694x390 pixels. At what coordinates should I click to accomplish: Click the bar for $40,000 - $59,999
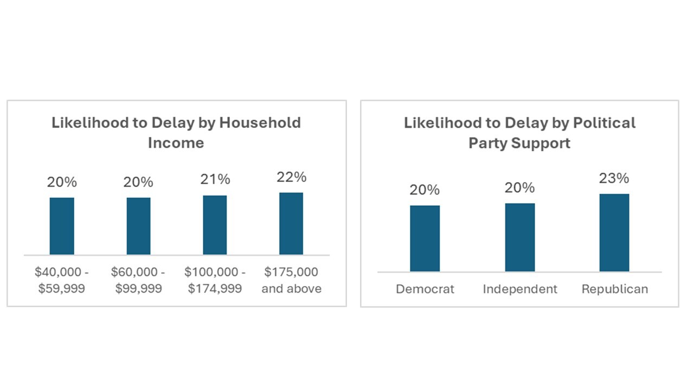point(62,226)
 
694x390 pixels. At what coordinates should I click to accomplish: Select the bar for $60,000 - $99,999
point(138,226)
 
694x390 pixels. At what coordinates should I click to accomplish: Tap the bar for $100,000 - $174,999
point(215,225)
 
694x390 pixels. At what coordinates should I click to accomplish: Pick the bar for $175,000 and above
point(291,223)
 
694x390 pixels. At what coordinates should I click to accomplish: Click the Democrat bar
point(425,238)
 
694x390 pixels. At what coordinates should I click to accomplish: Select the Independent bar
point(519,237)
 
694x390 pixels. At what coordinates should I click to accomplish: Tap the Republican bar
point(614,232)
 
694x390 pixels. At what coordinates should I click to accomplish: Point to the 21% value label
point(215,179)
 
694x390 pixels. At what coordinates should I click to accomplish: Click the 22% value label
point(292,177)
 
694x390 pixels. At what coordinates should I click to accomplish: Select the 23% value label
point(614,179)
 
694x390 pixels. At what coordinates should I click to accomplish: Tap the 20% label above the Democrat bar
point(425,190)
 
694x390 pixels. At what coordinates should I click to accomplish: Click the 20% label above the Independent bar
point(519,188)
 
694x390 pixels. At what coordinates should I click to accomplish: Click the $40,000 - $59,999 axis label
point(62,280)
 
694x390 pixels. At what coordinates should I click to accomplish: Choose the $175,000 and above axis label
point(291,280)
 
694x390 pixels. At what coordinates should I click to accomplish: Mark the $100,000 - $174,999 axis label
point(215,280)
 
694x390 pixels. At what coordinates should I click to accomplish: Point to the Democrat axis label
point(425,289)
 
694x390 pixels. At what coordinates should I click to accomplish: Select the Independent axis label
point(520,289)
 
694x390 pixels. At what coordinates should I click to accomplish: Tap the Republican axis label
point(614,289)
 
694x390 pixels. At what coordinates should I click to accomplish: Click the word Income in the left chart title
point(176,143)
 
